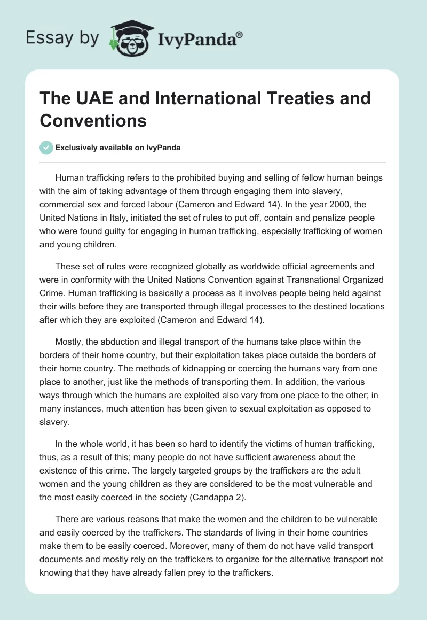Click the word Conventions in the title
coord(93,120)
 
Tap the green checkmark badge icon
coord(46,148)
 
